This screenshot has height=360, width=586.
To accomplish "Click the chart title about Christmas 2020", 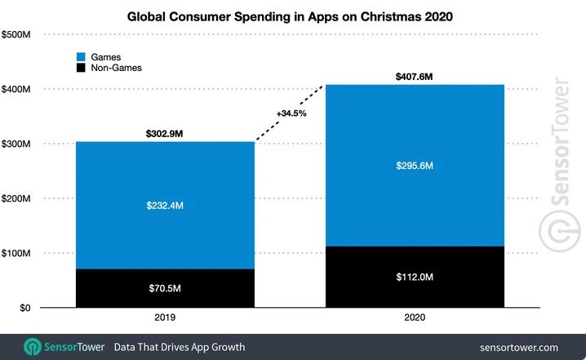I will tap(293, 15).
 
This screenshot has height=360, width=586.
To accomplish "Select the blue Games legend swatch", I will tap(80, 56).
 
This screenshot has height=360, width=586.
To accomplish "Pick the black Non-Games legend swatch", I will tap(80, 69).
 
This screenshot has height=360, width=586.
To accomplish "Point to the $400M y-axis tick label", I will tap(17, 88).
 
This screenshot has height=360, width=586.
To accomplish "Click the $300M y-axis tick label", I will tap(17, 144).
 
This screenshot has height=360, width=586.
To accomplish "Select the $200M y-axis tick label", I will tap(17, 198).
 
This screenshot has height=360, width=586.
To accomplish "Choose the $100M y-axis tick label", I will tap(17, 254).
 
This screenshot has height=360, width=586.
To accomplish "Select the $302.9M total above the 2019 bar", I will tap(164, 133).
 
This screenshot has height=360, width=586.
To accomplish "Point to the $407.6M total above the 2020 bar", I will tap(415, 76).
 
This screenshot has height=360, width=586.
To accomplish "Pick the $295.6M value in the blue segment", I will tap(415, 166).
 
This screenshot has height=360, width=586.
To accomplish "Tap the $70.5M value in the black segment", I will tap(164, 288).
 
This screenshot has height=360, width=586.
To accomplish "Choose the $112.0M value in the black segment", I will tap(415, 278).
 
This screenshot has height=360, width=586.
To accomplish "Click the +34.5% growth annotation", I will tap(291, 113).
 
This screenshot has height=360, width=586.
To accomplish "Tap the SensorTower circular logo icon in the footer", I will tap(33, 346).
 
